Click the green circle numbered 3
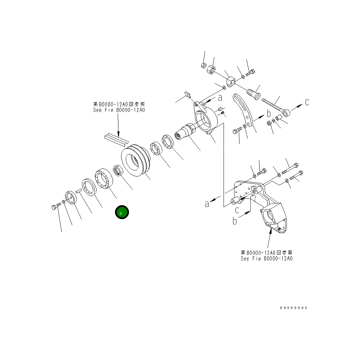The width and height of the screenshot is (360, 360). (x=122, y=212)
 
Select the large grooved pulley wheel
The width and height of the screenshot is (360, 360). (x=135, y=161)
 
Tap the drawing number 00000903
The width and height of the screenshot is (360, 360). (x=293, y=308)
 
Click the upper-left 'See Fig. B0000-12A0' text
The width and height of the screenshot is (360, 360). (x=119, y=110)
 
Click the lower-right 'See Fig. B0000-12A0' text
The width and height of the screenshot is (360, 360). (x=266, y=259)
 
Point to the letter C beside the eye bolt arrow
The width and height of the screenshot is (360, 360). (x=307, y=102)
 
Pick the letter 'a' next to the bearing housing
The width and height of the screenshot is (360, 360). (x=220, y=98)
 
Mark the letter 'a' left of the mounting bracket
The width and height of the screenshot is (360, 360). (x=207, y=203)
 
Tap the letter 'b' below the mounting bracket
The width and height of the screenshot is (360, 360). (x=234, y=221)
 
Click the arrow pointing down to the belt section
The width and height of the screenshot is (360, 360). (x=118, y=126)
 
